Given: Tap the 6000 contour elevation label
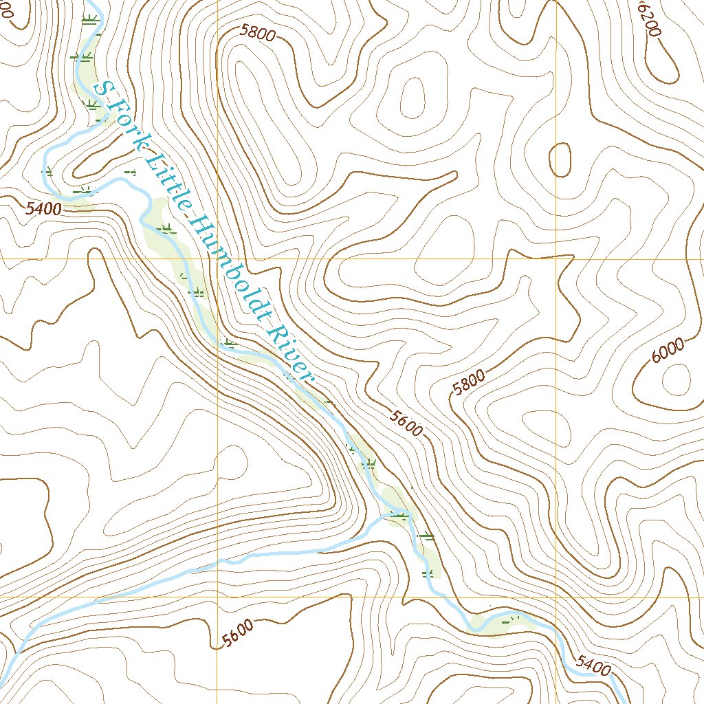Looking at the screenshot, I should click(668, 350).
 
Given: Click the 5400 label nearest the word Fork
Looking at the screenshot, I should click(43, 208).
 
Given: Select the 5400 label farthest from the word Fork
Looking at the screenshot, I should click(593, 663).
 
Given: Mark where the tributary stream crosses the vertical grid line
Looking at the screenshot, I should click(218, 563).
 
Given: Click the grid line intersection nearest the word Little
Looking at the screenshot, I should click(217, 259).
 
